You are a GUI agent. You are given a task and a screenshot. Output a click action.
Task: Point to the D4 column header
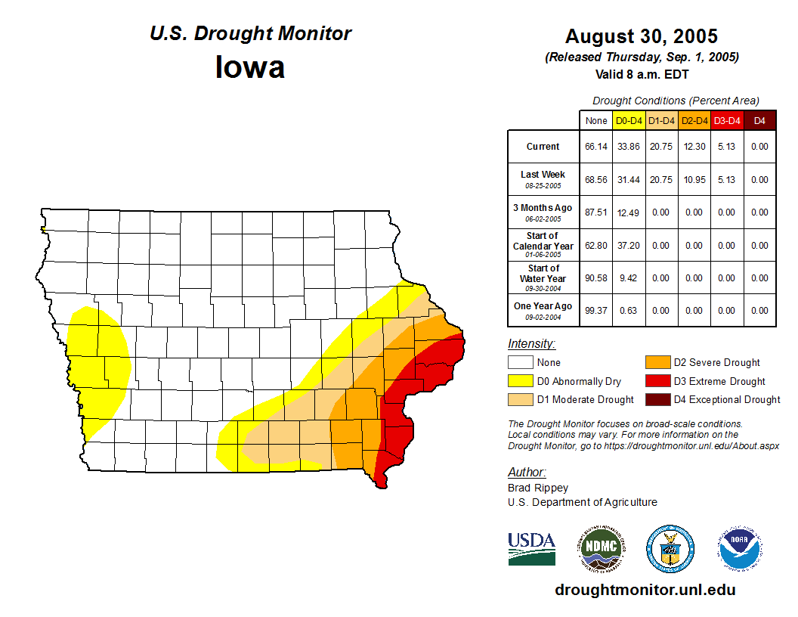point(759,121)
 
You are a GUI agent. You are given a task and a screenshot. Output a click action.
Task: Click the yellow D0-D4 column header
point(629,121)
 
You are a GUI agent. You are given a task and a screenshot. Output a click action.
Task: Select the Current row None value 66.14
point(596,147)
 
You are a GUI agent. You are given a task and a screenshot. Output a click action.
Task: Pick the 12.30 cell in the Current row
point(694,147)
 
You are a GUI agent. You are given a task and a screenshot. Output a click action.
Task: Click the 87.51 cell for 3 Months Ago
point(596,212)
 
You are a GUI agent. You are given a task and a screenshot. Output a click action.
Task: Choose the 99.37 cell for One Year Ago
point(596,311)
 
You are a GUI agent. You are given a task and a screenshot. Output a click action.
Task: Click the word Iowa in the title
point(250,67)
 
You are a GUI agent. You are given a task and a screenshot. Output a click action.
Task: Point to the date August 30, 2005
point(642,36)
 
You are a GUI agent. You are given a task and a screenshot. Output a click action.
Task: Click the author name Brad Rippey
point(538,488)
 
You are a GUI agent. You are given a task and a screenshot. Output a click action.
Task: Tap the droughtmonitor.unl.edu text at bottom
point(645,590)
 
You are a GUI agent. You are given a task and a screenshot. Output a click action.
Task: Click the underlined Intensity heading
point(531,344)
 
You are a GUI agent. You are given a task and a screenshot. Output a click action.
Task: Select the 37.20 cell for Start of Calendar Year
point(629,246)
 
